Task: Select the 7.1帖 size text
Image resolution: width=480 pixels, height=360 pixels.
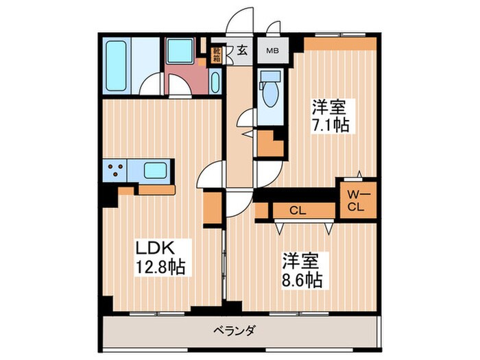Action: coord(330,125)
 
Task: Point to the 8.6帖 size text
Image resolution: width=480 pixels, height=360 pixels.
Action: coord(302,279)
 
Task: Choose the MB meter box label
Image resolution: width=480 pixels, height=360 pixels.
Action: coord(273,50)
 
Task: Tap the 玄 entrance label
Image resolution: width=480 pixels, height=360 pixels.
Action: coord(243,49)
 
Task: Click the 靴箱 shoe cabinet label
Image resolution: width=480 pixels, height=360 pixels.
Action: coord(217,53)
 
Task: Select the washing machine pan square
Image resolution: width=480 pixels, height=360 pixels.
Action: coord(181,51)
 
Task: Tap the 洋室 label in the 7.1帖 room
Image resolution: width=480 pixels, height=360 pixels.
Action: coord(330,107)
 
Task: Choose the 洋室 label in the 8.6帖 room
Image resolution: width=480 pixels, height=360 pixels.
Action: coord(302,261)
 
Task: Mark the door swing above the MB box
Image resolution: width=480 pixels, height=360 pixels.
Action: coord(272,31)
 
